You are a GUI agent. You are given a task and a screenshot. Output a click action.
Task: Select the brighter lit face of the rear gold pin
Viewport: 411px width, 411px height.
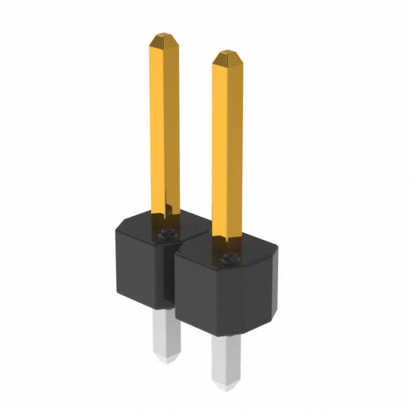click(157, 128)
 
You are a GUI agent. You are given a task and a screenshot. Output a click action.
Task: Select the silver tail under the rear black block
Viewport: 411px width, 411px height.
click(161, 334)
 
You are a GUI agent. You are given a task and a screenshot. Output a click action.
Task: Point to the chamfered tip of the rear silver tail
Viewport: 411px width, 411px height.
click(163, 360)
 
